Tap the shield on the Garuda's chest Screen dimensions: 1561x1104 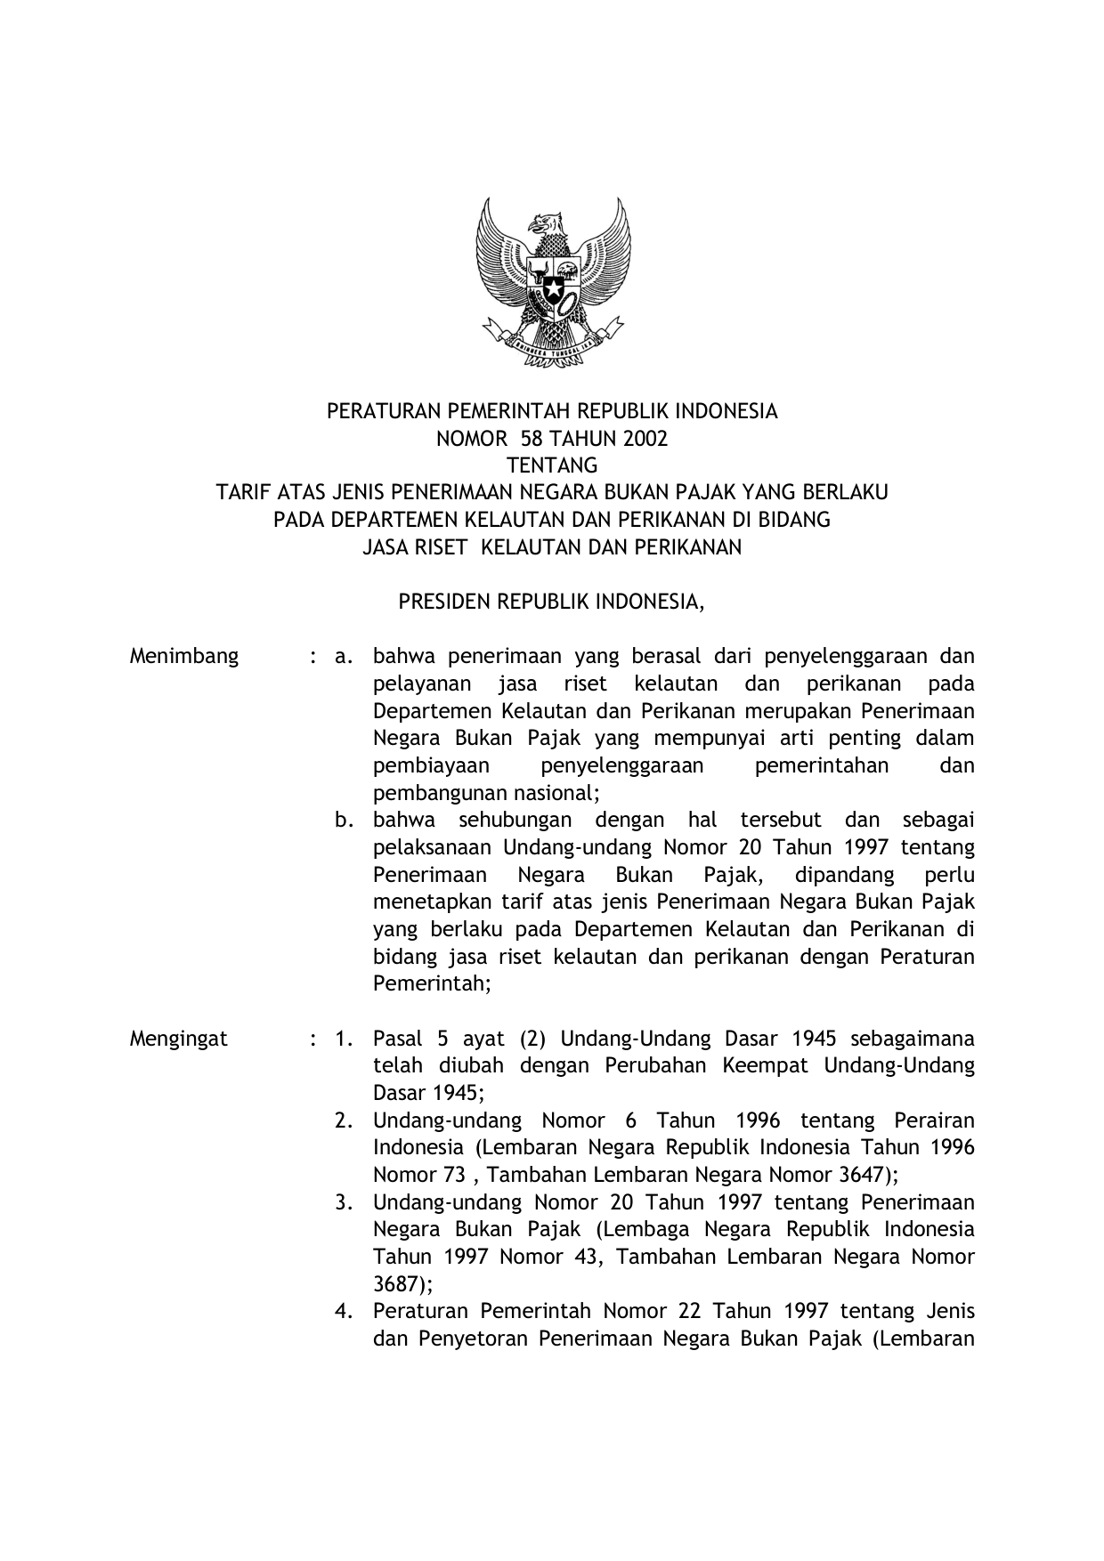[x=552, y=285]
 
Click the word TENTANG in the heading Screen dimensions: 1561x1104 [x=552, y=465]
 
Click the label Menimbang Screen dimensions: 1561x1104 [x=184, y=657]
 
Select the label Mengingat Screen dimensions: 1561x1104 [x=178, y=1039]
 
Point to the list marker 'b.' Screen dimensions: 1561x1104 [x=345, y=820]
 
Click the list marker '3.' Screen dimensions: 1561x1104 [x=345, y=1202]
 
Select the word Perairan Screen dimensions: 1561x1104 [x=934, y=1120]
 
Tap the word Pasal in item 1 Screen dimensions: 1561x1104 [x=397, y=1039]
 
